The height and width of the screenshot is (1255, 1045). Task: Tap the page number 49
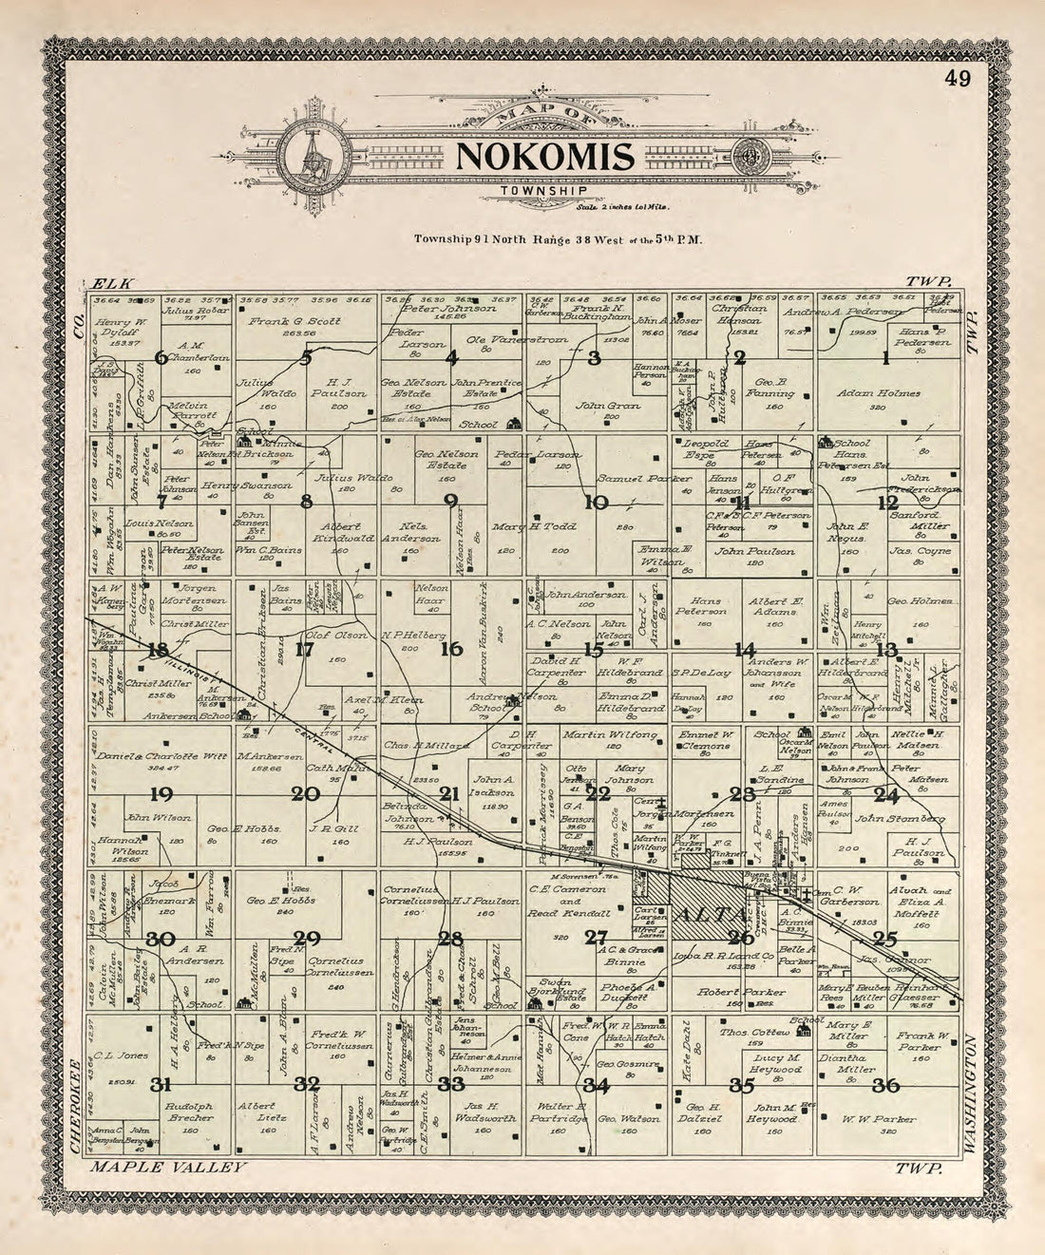(x=957, y=80)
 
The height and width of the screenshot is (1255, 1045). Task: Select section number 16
(x=451, y=650)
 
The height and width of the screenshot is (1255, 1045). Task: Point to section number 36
(x=885, y=1084)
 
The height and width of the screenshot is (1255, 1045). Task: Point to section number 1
(x=885, y=358)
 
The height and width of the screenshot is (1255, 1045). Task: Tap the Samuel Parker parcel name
(x=631, y=479)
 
